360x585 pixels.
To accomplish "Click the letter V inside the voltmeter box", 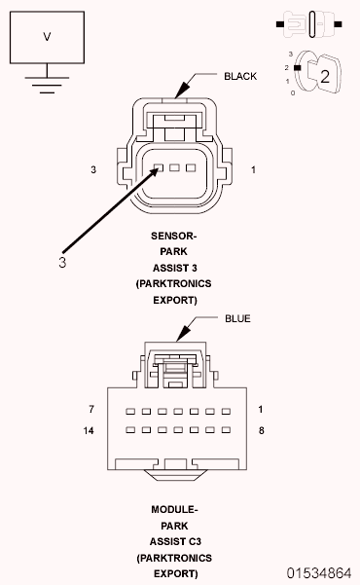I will pyautogui.click(x=46, y=36).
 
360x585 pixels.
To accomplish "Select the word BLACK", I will pyautogui.click(x=240, y=76).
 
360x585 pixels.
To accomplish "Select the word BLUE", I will pyautogui.click(x=237, y=318).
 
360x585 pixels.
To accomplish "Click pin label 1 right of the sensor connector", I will pyautogui.click(x=252, y=169).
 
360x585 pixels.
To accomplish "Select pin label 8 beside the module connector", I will pyautogui.click(x=261, y=428).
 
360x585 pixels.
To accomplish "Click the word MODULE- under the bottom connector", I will pyautogui.click(x=174, y=509).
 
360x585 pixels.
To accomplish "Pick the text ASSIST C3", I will pyautogui.click(x=174, y=541).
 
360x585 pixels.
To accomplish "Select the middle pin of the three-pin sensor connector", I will pyautogui.click(x=176, y=168).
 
